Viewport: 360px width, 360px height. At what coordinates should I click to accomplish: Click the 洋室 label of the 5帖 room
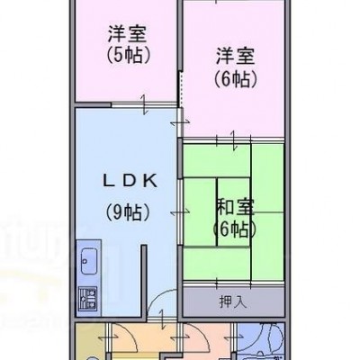click(127, 34)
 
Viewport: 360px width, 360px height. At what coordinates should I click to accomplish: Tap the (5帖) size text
click(129, 55)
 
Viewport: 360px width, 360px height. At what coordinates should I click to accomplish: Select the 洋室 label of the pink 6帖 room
click(236, 56)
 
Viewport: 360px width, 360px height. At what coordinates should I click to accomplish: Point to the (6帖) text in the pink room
click(236, 78)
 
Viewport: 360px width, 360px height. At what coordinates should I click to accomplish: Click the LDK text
click(130, 181)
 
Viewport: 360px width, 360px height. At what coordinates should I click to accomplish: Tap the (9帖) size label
click(128, 212)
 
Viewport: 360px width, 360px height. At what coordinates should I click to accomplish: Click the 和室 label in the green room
click(236, 208)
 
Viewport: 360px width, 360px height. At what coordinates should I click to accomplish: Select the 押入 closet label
click(233, 301)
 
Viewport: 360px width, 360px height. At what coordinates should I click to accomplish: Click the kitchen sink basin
click(89, 261)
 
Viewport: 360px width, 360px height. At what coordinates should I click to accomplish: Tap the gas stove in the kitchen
click(88, 299)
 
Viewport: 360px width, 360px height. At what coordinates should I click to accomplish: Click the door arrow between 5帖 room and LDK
click(144, 104)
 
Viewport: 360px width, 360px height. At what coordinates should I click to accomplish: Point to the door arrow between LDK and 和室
click(180, 212)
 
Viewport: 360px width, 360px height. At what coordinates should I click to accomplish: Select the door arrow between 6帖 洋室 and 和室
click(234, 139)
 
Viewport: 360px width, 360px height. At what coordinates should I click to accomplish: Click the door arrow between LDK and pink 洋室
click(180, 121)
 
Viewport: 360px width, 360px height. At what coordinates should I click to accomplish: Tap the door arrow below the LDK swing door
click(162, 319)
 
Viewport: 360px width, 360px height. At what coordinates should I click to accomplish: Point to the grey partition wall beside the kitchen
click(144, 281)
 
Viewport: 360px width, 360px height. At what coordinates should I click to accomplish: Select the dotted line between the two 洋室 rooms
click(181, 88)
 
